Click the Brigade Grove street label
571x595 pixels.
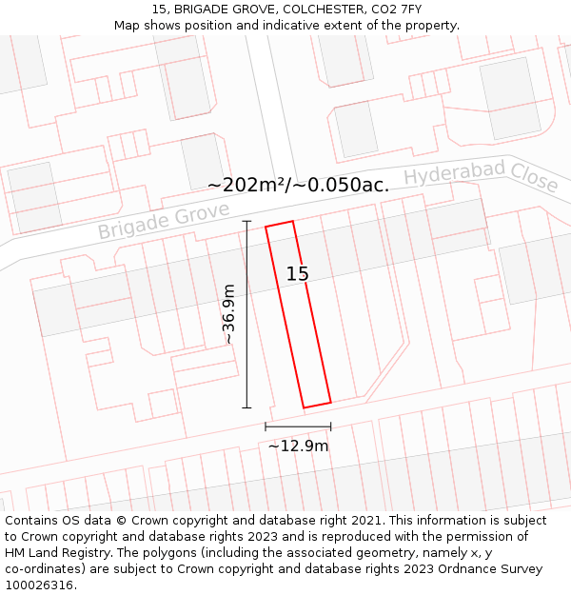pyautogui.click(x=164, y=221)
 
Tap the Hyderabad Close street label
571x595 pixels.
pyautogui.click(x=481, y=176)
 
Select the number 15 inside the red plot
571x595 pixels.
pyautogui.click(x=297, y=274)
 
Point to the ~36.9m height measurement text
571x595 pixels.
pyautogui.click(x=228, y=314)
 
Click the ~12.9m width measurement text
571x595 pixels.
pyautogui.click(x=298, y=446)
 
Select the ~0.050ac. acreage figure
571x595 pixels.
pyautogui.click(x=344, y=185)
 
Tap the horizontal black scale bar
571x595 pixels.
pyautogui.click(x=298, y=426)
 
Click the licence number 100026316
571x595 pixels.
pyautogui.click(x=39, y=585)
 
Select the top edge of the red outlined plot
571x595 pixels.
pyautogui.click(x=279, y=224)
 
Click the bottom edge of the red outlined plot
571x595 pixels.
pyautogui.click(x=317, y=405)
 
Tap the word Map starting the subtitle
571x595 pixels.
pyautogui.click(x=128, y=25)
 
